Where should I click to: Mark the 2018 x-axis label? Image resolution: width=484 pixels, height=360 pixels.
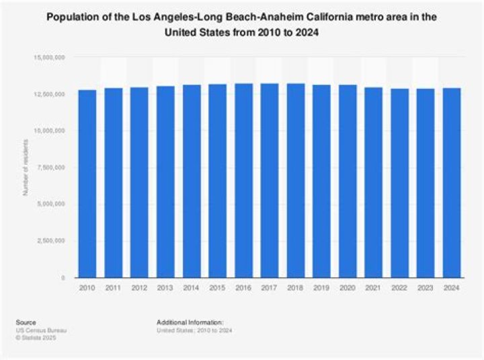tap(295, 287)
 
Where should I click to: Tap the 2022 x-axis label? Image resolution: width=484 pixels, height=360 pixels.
tap(399, 287)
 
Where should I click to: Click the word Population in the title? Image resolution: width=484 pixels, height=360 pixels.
tap(73, 18)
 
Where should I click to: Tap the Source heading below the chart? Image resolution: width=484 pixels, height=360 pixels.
tap(28, 322)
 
